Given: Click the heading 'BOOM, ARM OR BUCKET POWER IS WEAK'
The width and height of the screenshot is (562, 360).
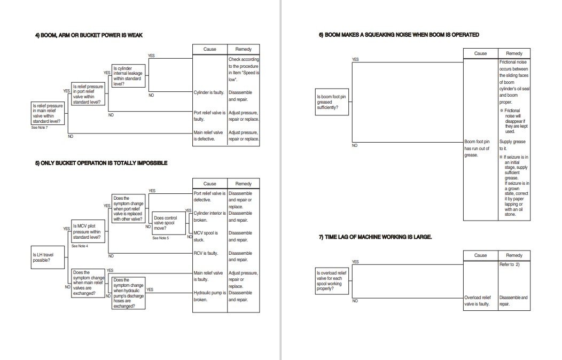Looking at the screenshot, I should click(89, 35).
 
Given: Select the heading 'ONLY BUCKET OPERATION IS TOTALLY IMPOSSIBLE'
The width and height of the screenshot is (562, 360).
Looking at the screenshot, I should click(101, 163).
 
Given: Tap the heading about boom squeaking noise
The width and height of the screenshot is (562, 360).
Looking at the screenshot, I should click(399, 35).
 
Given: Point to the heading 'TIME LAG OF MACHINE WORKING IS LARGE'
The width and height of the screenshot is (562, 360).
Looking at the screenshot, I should click(375, 237).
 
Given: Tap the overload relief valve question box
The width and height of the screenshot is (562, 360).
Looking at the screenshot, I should click(332, 280).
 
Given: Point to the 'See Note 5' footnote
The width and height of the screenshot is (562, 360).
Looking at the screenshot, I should click(160, 238).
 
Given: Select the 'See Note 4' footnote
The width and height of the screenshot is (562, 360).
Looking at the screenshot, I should click(80, 246).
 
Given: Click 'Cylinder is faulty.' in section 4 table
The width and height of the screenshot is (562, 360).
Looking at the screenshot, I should click(208, 92).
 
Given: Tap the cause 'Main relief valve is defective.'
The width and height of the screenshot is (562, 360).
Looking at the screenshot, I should click(208, 136).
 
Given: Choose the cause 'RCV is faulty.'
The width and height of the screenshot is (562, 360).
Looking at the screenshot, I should click(206, 253).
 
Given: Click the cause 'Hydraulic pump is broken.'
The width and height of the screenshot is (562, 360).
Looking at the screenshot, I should click(208, 296).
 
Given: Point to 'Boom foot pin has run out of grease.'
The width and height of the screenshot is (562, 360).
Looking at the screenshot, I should click(477, 148).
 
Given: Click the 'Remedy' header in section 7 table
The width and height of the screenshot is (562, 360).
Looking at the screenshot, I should click(514, 255).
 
